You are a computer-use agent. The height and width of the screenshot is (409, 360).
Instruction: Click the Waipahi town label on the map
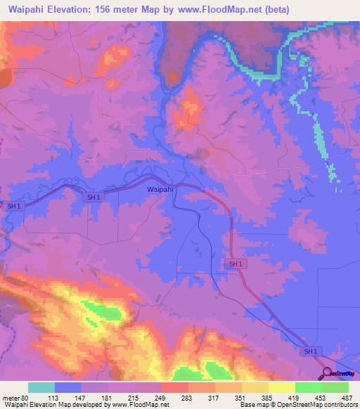pyautogui.click(x=160, y=190)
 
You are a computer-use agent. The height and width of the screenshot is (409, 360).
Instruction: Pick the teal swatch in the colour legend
pyautogui.click(x=41, y=387)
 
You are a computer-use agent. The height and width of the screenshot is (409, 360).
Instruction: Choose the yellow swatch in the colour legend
pyautogui.click(x=282, y=387)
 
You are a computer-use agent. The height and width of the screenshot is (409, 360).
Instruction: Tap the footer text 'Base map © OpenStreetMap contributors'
pyautogui.click(x=297, y=405)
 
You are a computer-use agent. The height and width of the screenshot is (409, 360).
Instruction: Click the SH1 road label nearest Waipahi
pyautogui.click(x=93, y=197)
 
